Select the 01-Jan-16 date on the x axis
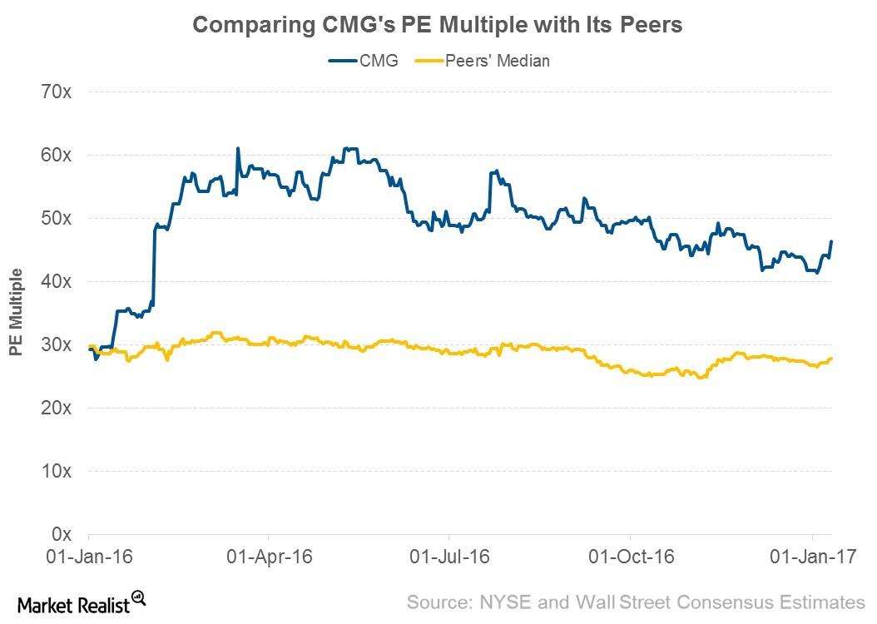(x=88, y=556)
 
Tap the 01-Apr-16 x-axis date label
(x=268, y=556)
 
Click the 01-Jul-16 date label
(x=448, y=556)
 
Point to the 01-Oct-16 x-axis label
(x=630, y=556)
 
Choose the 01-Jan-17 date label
(x=811, y=556)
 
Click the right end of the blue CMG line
(x=831, y=241)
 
